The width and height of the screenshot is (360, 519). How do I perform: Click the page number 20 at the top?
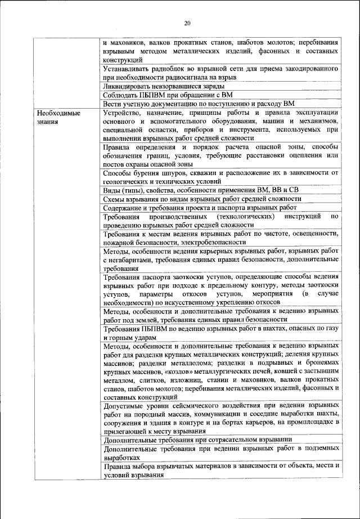[187, 23]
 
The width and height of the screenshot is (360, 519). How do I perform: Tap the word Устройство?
[124, 113]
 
